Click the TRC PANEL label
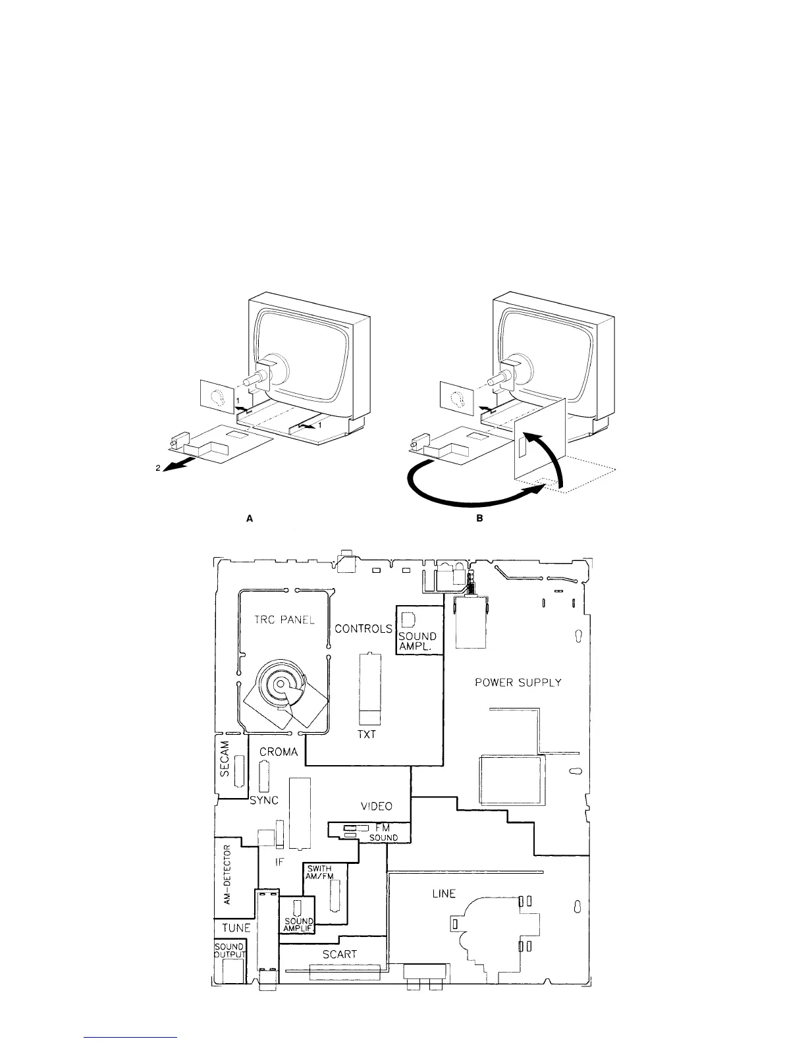coord(284,620)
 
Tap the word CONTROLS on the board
coord(363,629)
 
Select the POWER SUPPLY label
coord(518,683)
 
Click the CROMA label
coord(279,751)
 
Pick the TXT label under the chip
coord(367,734)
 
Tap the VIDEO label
coord(377,806)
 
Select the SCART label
coord(340,953)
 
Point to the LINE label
coord(443,894)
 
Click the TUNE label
coord(236,928)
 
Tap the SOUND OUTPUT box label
coord(230,950)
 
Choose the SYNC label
coord(264,801)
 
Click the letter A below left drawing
coord(250,519)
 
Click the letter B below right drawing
coord(480,519)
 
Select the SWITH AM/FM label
coord(320,872)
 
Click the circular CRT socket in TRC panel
coord(280,684)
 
